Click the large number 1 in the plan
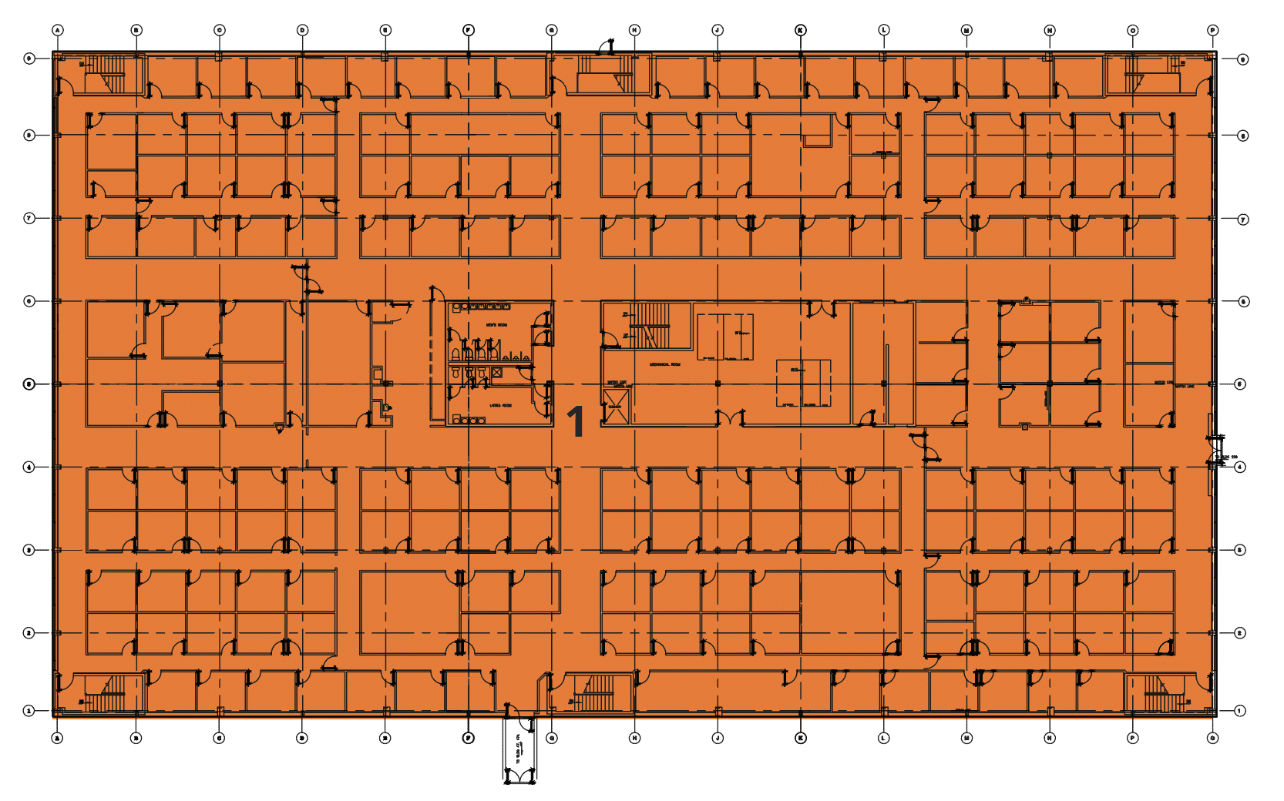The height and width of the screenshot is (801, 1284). coord(576,422)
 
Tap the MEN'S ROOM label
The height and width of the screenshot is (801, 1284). coord(496,326)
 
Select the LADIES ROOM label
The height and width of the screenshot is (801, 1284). coord(500,405)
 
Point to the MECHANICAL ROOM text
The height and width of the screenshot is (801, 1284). coord(664,364)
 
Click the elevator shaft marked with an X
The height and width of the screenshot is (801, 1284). coord(615,406)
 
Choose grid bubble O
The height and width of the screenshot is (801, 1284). coord(1132,30)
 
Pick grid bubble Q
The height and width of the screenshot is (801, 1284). coord(1212,738)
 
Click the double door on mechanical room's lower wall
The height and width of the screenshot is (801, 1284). coord(731,419)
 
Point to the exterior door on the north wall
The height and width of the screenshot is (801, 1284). coord(607,48)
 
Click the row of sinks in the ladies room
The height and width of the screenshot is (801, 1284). coord(469,420)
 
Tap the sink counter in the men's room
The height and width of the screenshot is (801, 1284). coord(481,307)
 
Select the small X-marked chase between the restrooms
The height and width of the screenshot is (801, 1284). coord(497,373)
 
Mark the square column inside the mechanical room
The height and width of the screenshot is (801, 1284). coord(718,384)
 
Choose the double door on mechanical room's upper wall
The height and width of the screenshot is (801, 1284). coord(822,310)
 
